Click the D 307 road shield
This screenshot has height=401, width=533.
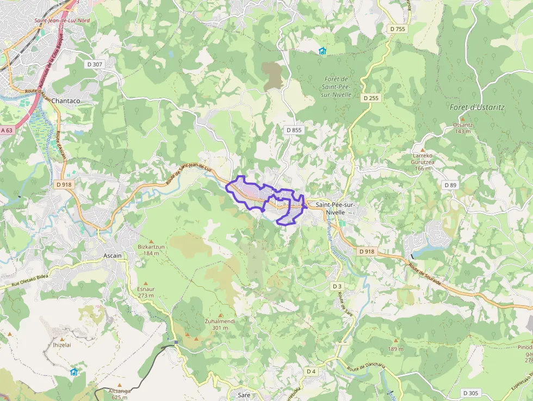[95, 64]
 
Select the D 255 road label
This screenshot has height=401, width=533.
[372, 98]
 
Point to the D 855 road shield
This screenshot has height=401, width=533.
[293, 130]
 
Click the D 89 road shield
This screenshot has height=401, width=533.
[450, 185]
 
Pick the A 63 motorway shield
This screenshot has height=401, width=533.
[7, 130]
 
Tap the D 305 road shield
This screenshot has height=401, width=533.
[471, 393]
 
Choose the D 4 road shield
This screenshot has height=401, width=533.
[311, 371]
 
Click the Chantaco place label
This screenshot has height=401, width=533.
[66, 101]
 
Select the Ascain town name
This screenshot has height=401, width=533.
[113, 255]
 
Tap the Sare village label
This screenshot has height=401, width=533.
[244, 394]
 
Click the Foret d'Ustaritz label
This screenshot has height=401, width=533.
[477, 107]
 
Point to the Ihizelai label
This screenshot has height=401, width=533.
[62, 344]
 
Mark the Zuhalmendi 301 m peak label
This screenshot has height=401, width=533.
[220, 324]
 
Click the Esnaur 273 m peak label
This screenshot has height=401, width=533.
[146, 292]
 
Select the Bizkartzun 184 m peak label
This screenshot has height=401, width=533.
[152, 250]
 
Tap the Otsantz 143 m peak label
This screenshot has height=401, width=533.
[462, 128]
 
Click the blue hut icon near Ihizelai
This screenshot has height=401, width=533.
[74, 372]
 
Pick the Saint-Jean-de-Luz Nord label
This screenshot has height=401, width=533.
[61, 21]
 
